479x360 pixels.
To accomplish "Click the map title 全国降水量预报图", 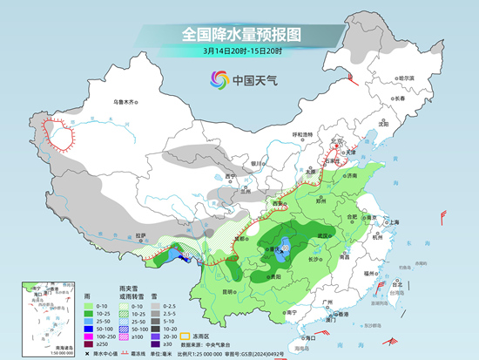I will click(x=240, y=35).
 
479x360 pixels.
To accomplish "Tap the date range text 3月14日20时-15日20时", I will click(x=240, y=51).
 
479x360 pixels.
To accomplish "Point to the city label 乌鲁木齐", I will click(x=126, y=102).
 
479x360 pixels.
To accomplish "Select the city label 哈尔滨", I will click(x=403, y=78).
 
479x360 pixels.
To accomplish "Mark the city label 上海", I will click(x=394, y=222).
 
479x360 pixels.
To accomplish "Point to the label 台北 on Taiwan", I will click(x=400, y=284).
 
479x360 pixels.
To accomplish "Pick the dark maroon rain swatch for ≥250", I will click(x=91, y=344).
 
